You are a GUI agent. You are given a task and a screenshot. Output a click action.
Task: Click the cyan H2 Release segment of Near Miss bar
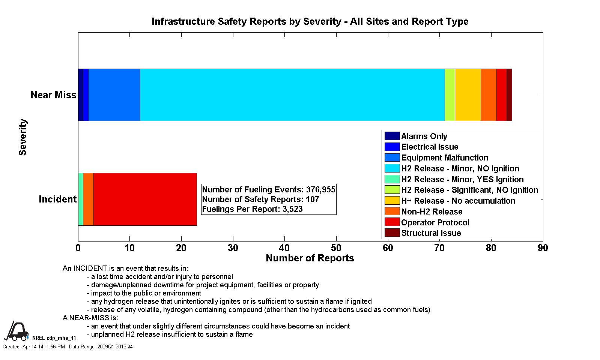[x=292, y=95]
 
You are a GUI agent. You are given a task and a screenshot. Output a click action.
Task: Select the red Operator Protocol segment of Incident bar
[x=145, y=199]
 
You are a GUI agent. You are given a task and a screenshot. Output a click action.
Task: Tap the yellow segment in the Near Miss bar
[x=468, y=95]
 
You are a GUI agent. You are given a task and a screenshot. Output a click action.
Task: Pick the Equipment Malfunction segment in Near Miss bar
[x=114, y=95]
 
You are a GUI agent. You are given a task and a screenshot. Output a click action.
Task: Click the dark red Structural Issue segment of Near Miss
[x=509, y=95]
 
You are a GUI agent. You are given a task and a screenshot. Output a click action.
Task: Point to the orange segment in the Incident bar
[x=88, y=199]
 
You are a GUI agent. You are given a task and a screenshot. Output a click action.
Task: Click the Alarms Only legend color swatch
[x=392, y=136]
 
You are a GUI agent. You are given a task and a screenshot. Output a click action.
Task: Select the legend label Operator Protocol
[x=435, y=222]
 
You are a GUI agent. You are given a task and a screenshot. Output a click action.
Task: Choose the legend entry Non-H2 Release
[x=432, y=211]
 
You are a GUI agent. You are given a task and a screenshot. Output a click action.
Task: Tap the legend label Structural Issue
[x=431, y=233]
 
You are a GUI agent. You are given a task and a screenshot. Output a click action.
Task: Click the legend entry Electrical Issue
[x=430, y=147]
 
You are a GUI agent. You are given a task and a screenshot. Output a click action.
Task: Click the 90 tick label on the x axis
[x=543, y=248]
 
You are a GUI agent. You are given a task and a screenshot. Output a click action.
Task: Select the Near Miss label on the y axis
[x=53, y=95]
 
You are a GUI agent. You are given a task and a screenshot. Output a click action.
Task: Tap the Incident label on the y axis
[x=57, y=199]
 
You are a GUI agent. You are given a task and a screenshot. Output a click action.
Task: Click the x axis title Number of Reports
[x=310, y=258]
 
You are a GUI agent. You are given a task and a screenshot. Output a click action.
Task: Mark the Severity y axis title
[x=23, y=137]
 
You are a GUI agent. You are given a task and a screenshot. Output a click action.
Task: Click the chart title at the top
[x=310, y=21]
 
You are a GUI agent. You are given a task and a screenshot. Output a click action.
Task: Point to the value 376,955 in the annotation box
[x=320, y=189]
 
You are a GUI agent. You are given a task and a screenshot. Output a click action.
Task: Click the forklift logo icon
[x=17, y=331]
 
